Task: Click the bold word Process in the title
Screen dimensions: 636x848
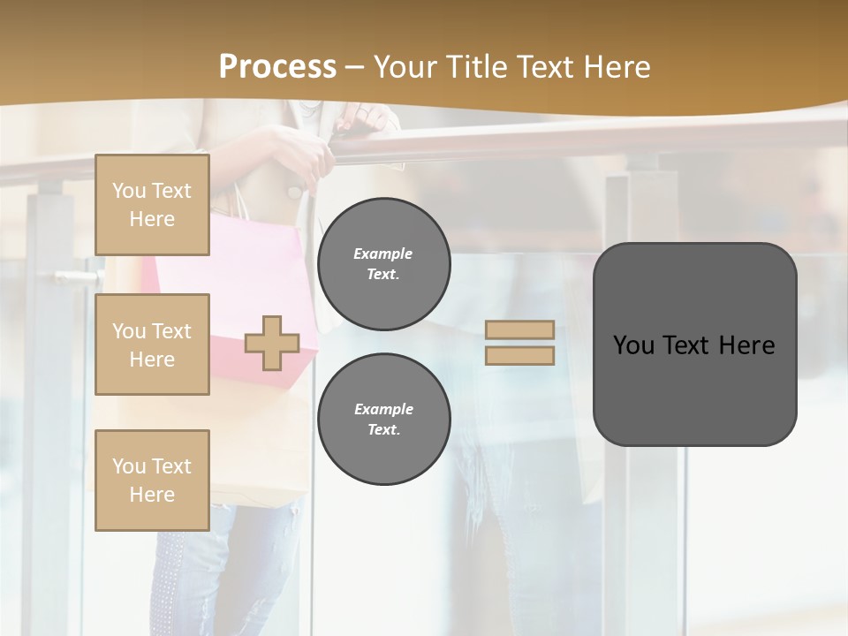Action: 277,67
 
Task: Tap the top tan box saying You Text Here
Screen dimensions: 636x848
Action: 152,205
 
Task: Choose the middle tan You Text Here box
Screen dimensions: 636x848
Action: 152,344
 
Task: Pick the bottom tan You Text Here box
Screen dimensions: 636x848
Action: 152,480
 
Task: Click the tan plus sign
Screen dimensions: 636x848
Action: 272,343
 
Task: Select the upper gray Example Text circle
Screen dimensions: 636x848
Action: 383,263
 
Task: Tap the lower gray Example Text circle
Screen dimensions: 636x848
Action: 383,419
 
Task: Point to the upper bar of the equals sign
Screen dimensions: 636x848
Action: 519,329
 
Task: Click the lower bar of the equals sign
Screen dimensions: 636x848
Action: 519,355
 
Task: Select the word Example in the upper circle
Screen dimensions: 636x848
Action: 383,254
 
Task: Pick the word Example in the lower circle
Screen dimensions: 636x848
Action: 383,409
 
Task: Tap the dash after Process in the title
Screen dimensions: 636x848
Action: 354,67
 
